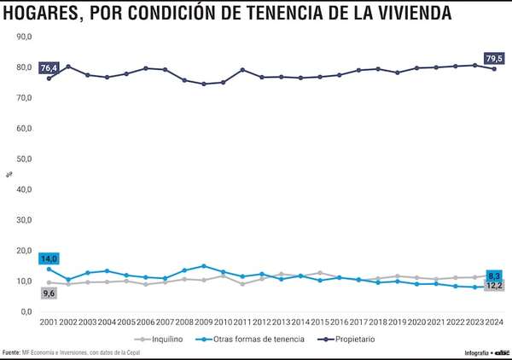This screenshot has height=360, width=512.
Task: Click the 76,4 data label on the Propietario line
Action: (49, 67)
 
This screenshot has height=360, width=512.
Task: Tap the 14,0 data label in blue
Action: (49, 258)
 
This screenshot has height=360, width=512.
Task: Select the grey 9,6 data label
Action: (49, 293)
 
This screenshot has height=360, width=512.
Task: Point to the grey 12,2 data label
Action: (494, 286)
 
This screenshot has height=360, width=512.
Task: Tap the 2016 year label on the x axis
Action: (339, 322)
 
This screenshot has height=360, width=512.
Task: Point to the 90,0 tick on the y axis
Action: (25, 38)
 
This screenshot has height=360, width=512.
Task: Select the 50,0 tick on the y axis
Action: (25, 160)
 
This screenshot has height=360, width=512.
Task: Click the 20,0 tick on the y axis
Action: (25, 251)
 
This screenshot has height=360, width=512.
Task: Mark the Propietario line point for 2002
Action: (68, 67)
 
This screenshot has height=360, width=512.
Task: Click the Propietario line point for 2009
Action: (203, 84)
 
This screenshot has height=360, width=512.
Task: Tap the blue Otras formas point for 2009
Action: (203, 266)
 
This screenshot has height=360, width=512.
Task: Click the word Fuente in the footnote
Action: (12, 352)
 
